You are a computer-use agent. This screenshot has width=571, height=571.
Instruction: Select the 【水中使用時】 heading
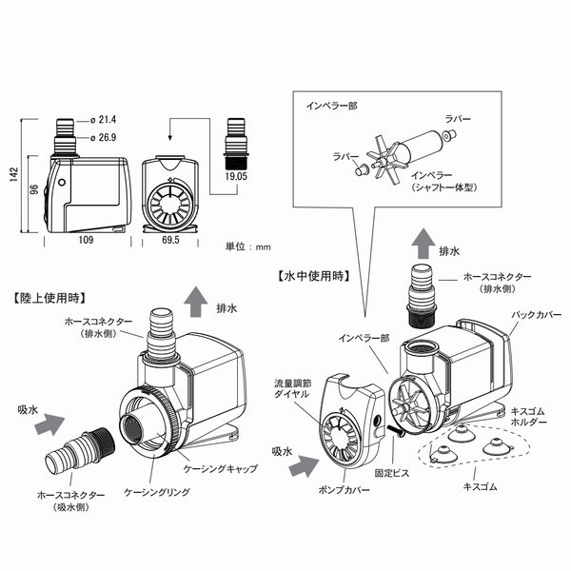pyautogui.click(x=315, y=276)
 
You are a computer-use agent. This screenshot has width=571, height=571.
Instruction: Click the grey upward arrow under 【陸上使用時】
pyautogui.click(x=194, y=300)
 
